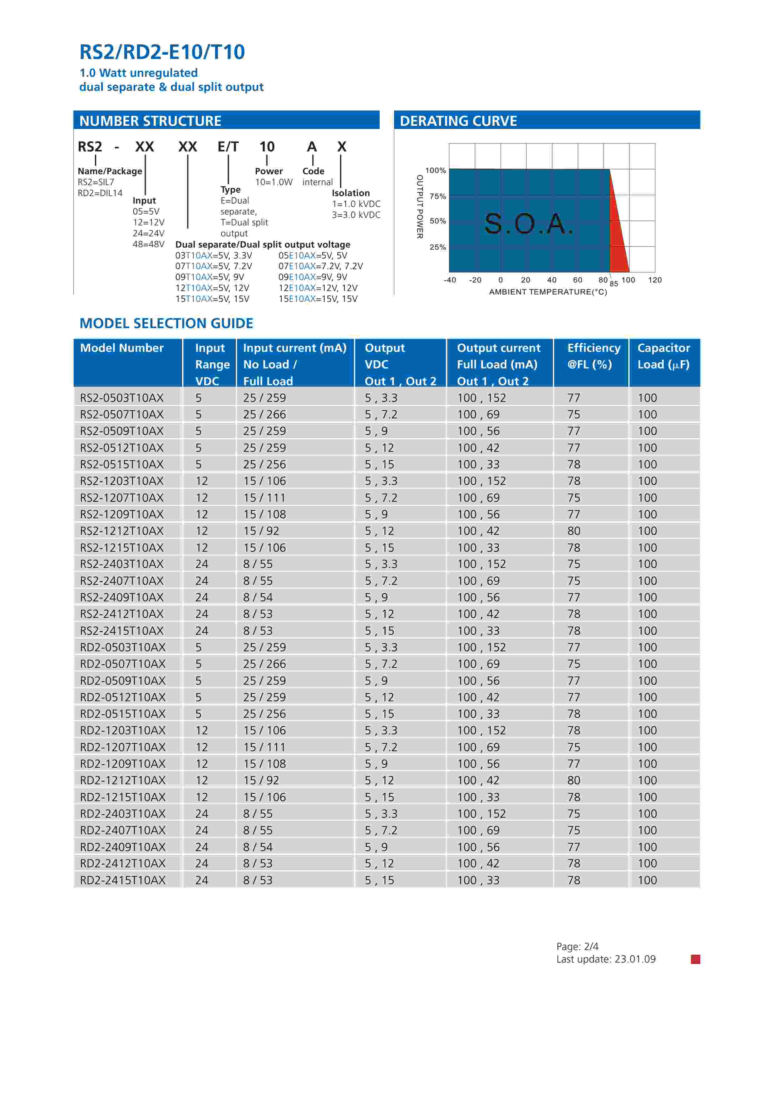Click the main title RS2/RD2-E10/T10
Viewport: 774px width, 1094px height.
pyautogui.click(x=162, y=52)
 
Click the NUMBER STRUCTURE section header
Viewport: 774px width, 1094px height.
pyautogui.click(x=150, y=121)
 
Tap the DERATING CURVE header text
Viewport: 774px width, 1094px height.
pyautogui.click(x=458, y=121)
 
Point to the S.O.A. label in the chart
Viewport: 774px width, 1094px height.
pyautogui.click(x=528, y=224)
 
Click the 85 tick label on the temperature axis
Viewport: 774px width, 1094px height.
pyautogui.click(x=614, y=284)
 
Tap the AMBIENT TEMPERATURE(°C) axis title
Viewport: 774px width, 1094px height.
pyautogui.click(x=548, y=292)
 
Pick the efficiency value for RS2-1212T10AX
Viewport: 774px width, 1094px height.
pyautogui.click(x=574, y=531)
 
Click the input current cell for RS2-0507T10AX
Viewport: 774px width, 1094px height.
pyautogui.click(x=264, y=415)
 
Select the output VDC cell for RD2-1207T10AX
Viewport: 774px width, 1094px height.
pyautogui.click(x=381, y=747)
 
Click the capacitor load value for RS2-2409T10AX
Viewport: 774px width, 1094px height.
pyautogui.click(x=647, y=598)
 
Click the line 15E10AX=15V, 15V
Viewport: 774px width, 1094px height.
pyautogui.click(x=318, y=299)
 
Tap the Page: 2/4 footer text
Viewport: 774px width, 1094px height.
pyautogui.click(x=577, y=947)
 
